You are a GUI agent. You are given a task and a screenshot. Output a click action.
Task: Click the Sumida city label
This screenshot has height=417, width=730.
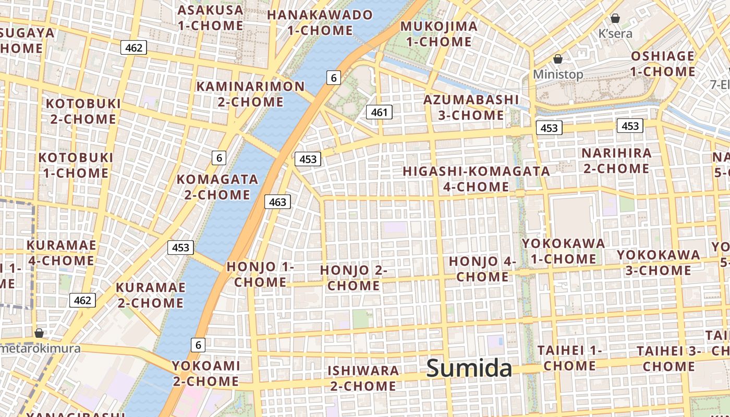coord(469,368)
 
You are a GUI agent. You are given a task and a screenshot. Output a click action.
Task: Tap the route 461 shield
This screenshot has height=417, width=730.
coord(379,112)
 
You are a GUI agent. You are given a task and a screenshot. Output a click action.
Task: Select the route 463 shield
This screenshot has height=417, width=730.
coord(277,202)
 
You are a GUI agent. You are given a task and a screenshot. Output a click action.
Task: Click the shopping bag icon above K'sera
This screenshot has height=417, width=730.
coord(615,18)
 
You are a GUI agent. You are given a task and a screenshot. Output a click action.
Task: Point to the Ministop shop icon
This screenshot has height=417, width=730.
coord(558,59)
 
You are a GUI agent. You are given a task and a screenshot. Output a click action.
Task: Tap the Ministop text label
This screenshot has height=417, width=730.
coord(558,75)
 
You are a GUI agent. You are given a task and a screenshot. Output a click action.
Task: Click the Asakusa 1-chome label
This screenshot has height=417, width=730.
coord(210,17)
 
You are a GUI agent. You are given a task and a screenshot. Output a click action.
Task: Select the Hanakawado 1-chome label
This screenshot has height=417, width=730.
coord(320,22)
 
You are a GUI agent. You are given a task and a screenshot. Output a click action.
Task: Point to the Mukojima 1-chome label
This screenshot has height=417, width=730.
coord(439,34)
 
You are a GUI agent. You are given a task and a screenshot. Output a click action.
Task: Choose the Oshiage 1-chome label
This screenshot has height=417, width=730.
coord(663,64)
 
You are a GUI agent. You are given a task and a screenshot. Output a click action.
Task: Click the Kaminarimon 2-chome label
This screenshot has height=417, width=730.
coord(250,94)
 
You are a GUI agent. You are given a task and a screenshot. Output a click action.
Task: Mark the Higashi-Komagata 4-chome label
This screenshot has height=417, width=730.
coord(476,179)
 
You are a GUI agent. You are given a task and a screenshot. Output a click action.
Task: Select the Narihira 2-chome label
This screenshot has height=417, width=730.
coord(616,161)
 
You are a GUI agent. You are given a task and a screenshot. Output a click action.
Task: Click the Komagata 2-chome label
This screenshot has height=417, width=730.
coord(217,187)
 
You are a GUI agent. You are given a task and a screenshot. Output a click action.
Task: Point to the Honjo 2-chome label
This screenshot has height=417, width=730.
coord(354,278)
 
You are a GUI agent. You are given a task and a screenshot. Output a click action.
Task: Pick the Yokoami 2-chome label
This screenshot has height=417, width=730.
coord(206,373)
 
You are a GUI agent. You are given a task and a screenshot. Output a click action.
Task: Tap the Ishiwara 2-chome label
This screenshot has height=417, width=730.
coord(363,378)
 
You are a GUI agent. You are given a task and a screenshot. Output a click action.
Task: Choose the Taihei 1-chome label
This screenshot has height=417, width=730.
coord(569,358)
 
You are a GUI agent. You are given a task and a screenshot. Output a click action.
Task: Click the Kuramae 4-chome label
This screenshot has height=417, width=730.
coord(62,253)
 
